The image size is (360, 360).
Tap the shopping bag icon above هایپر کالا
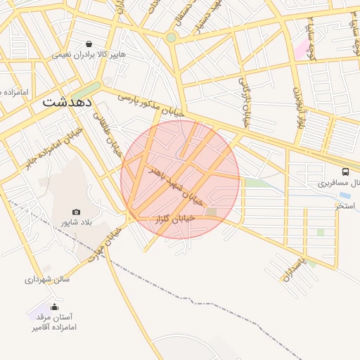[88, 44]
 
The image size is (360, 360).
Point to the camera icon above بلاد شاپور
[76, 212]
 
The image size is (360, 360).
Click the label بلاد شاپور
[77, 223]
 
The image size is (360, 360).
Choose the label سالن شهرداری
[47, 279]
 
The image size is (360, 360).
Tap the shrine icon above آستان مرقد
[56, 306]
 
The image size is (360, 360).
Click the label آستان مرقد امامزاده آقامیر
[53, 323]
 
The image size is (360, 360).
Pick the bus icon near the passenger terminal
[345, 172]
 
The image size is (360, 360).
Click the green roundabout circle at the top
[171, 37]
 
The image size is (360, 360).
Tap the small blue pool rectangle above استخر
[345, 195]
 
